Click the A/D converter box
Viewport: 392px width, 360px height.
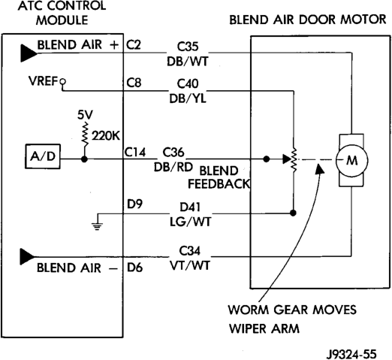click(x=43, y=156)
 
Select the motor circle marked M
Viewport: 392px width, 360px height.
click(x=351, y=161)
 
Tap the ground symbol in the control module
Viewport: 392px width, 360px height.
click(x=97, y=225)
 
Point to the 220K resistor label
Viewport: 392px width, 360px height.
click(x=106, y=136)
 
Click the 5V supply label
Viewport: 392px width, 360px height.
click(x=85, y=115)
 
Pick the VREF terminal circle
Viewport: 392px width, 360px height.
click(x=63, y=81)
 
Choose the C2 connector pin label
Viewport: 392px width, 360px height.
click(x=134, y=45)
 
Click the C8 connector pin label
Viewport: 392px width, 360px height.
click(x=134, y=83)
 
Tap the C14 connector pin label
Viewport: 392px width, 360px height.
click(x=135, y=152)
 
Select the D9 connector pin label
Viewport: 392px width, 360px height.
click(x=134, y=204)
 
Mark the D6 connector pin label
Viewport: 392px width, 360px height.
click(x=134, y=268)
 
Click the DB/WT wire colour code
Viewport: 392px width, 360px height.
click(x=188, y=61)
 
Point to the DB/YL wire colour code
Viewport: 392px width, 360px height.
click(x=188, y=98)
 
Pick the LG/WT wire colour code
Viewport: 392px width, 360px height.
click(x=191, y=222)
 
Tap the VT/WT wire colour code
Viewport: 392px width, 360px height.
click(x=190, y=265)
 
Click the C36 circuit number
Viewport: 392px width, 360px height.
click(x=173, y=152)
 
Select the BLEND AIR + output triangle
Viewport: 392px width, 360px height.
click(x=29, y=53)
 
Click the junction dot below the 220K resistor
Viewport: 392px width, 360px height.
click(x=85, y=159)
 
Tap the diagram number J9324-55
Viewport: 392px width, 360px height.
click(x=351, y=354)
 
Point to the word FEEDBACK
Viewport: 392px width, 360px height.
click(x=219, y=184)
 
